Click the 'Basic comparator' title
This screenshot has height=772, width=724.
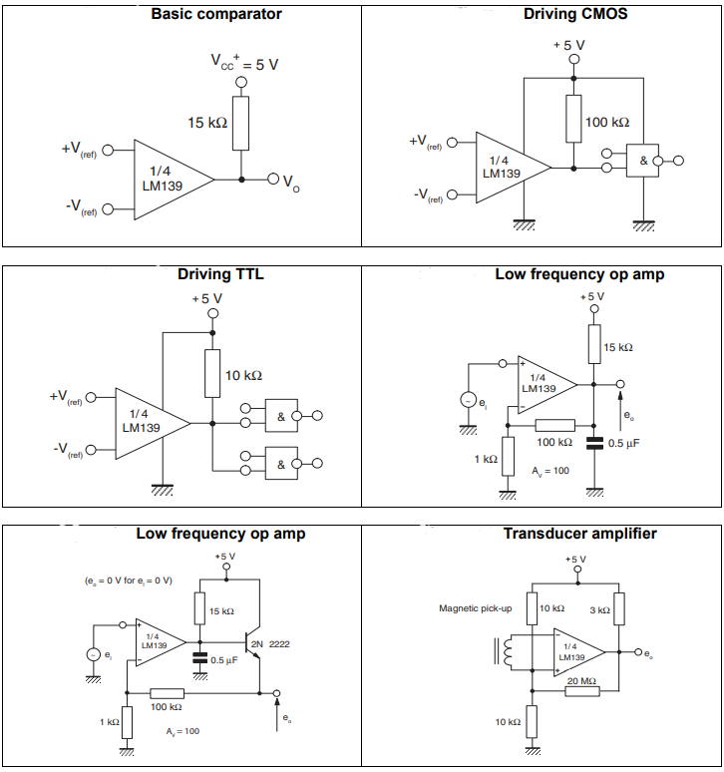tap(215, 14)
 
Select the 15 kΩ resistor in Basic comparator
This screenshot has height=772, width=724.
tap(240, 123)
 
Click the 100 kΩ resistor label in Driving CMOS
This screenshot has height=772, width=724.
tap(607, 122)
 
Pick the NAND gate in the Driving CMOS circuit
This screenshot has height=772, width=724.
tap(643, 160)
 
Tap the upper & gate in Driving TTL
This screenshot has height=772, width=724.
tap(281, 416)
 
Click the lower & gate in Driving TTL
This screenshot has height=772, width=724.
tap(281, 463)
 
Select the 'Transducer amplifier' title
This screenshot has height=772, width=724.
tap(579, 534)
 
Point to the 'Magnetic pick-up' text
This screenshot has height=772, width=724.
tap(475, 608)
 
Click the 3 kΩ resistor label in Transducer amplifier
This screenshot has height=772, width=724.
tap(598, 608)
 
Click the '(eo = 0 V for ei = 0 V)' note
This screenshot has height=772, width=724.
tap(129, 579)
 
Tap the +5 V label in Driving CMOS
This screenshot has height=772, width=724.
tap(569, 45)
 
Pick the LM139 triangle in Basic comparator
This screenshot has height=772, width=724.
tap(170, 180)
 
